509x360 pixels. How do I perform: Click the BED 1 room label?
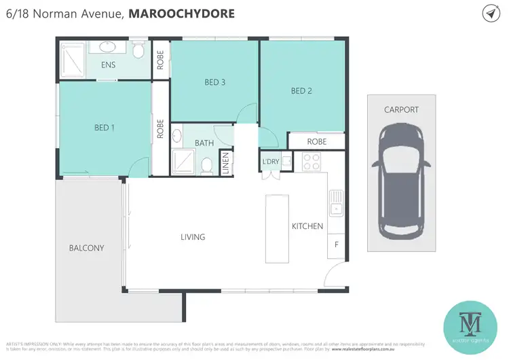click(x=105, y=126)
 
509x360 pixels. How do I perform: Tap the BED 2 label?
click(x=301, y=91)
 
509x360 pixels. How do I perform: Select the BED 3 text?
click(x=214, y=83)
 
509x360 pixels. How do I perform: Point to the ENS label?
click(x=107, y=66)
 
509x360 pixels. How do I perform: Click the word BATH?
click(x=204, y=143)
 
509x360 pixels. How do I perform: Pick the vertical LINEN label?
click(x=226, y=164)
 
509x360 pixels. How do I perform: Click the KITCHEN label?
click(x=307, y=226)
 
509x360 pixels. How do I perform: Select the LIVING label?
click(x=193, y=237)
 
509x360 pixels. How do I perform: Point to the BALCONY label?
click(x=87, y=248)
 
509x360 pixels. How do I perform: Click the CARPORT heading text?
click(x=401, y=109)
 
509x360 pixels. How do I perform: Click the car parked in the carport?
click(x=400, y=180)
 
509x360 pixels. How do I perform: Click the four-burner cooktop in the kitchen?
click(x=311, y=162)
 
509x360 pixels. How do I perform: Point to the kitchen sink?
click(x=336, y=201)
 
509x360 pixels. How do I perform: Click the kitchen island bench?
click(x=276, y=228)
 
